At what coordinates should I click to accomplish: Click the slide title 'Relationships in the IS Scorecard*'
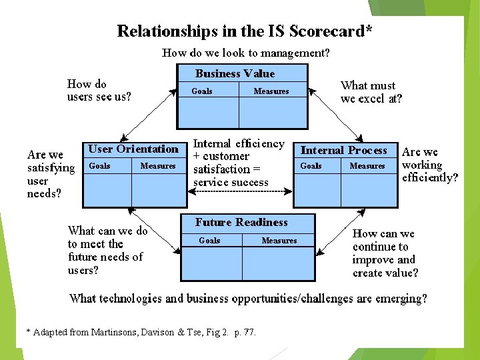[244, 31]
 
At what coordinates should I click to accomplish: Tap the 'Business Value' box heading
[235, 74]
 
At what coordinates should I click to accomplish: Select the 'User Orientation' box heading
[133, 149]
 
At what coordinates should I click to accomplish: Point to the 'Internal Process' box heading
[343, 150]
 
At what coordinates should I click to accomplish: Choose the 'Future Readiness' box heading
[241, 223]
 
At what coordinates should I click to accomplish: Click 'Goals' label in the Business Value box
[202, 91]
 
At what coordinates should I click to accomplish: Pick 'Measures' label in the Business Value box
[271, 91]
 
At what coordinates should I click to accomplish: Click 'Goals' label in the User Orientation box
[99, 166]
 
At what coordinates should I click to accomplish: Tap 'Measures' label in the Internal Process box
[367, 166]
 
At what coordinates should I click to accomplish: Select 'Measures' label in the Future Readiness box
[279, 241]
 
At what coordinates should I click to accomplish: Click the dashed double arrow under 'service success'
[240, 192]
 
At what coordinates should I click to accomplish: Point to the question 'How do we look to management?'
[245, 53]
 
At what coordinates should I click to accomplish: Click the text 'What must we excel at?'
[371, 92]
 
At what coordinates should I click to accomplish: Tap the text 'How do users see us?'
[99, 90]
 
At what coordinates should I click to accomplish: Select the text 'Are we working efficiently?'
[430, 165]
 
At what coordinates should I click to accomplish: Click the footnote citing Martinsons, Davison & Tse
[140, 332]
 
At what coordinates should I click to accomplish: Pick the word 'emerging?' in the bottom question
[400, 298]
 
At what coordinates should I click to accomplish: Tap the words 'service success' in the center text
[231, 182]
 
